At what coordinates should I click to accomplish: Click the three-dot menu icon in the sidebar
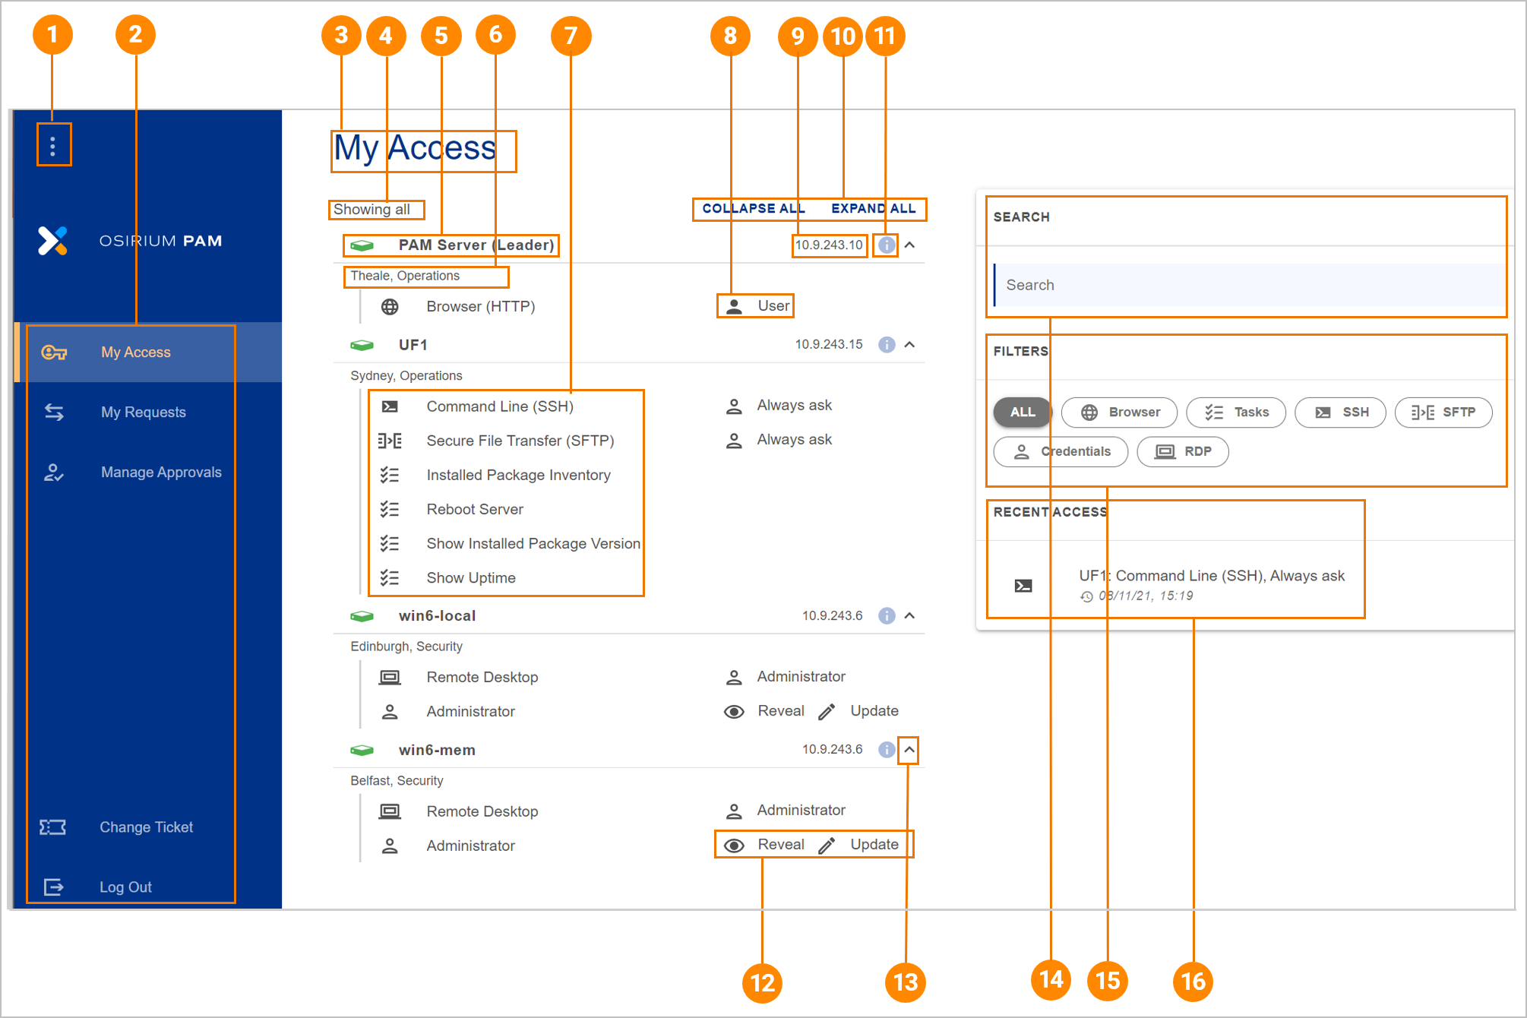coord(52,146)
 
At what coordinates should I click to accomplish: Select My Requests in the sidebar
coord(144,412)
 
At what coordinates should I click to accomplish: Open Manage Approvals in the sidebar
coord(161,472)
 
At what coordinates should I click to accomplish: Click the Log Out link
coord(125,887)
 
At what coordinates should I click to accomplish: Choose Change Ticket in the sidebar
coord(146,827)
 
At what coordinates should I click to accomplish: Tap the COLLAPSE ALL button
coord(753,208)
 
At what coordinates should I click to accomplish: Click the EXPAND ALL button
coord(874,208)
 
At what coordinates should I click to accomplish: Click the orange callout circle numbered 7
coord(571,36)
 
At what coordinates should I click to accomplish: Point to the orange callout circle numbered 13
coord(906,982)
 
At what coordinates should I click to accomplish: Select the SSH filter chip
coord(1341,413)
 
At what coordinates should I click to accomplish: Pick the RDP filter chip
coord(1183,452)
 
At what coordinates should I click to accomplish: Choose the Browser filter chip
coord(1120,413)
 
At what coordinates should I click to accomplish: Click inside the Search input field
coord(1249,285)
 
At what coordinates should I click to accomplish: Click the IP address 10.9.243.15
coord(829,344)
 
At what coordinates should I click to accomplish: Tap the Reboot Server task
coord(475,509)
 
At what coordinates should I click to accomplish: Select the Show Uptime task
coord(471,577)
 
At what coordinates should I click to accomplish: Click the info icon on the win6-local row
coord(887,615)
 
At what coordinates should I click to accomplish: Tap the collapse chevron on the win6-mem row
coord(909,750)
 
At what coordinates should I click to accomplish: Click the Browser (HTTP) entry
coord(481,306)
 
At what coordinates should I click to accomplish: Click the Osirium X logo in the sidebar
coord(53,241)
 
